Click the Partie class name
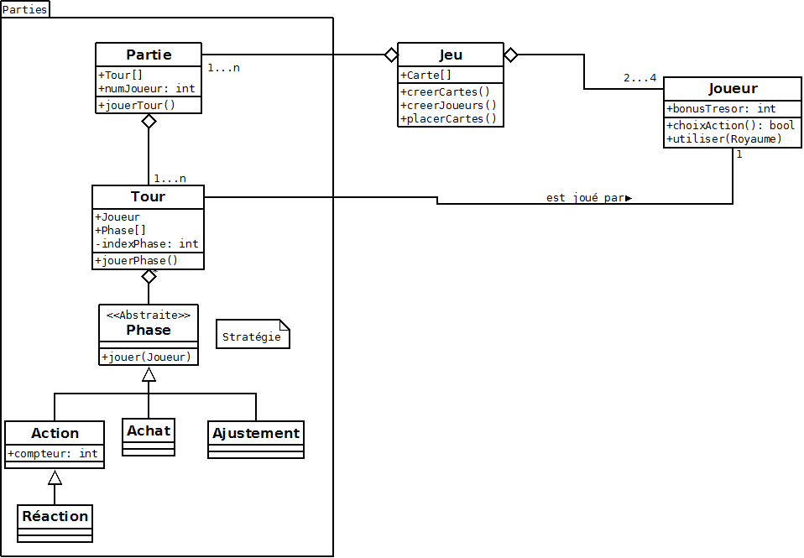tap(149, 55)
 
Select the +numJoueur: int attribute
tap(147, 88)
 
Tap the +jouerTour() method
tap(137, 105)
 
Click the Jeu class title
tap(451, 55)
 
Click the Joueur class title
tap(733, 88)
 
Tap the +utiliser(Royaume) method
tap(724, 138)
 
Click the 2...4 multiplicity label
tap(640, 78)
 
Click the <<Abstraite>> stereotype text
tap(149, 315)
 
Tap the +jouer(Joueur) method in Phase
tap(147, 357)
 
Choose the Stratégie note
tap(253, 336)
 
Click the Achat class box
tap(149, 436)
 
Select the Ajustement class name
tap(256, 433)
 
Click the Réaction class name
tap(55, 516)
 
